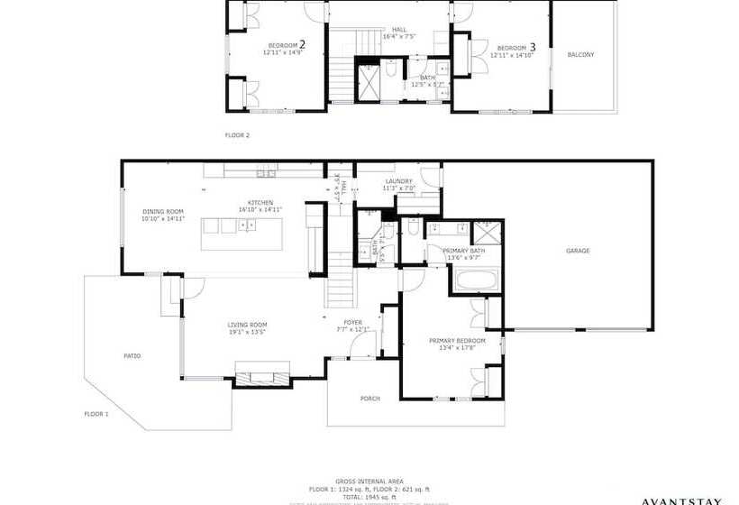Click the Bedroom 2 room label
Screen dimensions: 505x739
(285, 44)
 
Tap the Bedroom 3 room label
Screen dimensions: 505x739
(513, 47)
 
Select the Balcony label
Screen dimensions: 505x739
(580, 55)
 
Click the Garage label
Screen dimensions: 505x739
(578, 251)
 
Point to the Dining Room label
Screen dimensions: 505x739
(162, 212)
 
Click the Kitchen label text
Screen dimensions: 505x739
(260, 203)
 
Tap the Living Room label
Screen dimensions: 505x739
(247, 325)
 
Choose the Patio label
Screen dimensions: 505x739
(132, 356)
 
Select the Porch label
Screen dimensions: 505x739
(369, 398)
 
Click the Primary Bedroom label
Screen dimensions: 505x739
(457, 341)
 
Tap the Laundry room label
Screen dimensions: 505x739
(397, 181)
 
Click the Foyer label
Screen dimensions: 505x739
(352, 322)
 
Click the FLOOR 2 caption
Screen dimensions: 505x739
(237, 135)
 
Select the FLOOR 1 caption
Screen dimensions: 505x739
(96, 413)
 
